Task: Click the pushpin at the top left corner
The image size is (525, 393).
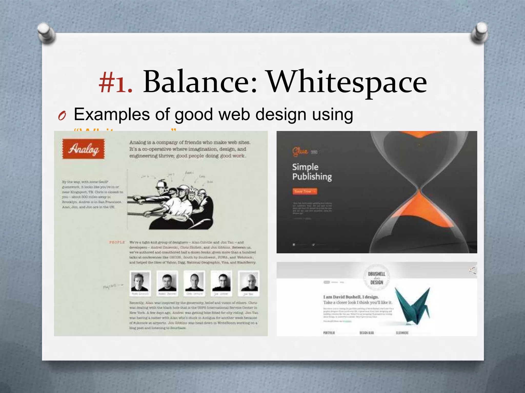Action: tap(46, 33)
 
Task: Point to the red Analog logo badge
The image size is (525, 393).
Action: tap(84, 149)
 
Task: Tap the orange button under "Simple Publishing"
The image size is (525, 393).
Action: tap(305, 191)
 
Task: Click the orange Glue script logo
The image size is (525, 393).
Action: tap(300, 151)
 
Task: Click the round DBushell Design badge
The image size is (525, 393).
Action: tap(377, 278)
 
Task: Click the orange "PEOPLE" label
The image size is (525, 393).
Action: tap(117, 242)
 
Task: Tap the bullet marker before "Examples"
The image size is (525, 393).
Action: tap(62, 116)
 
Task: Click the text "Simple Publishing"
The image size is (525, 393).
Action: tap(312, 172)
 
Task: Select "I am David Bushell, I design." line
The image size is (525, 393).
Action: tap(351, 297)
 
